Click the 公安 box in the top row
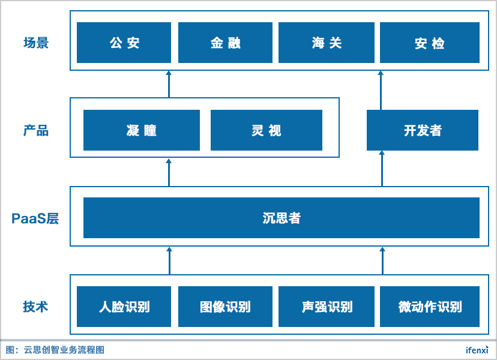[x=124, y=43]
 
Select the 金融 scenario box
[x=225, y=43]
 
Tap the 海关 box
[x=327, y=43]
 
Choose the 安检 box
[x=430, y=43]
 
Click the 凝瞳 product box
[x=142, y=130]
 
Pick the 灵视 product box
[x=267, y=130]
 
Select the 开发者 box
[x=423, y=130]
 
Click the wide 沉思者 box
[x=282, y=218]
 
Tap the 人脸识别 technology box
[x=124, y=307]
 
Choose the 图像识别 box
[x=225, y=307]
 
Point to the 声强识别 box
[x=327, y=307]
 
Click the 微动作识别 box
[x=430, y=307]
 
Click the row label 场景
[x=36, y=43]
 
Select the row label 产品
[x=36, y=131]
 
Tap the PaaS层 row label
[x=35, y=218]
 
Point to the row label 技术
[x=35, y=307]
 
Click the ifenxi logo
[x=477, y=350]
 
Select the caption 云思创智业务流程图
[x=64, y=350]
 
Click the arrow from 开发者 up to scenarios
[x=381, y=91]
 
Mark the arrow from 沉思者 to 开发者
[x=382, y=169]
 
